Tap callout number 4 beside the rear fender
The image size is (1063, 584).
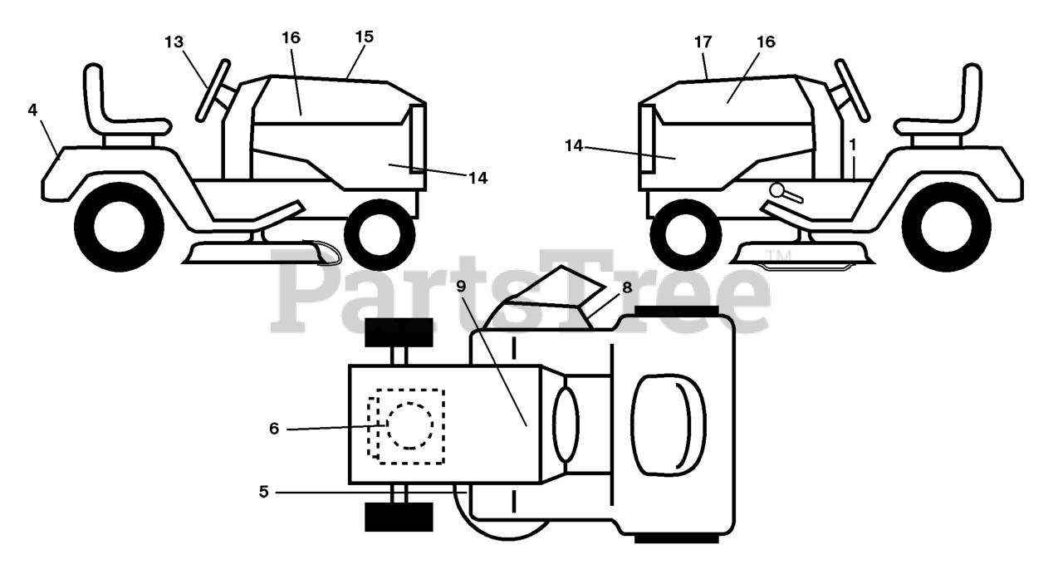[x=32, y=110]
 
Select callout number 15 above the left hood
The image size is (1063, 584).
[x=364, y=37]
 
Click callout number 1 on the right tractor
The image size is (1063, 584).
[x=852, y=144]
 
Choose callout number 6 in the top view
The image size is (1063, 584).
[x=274, y=429]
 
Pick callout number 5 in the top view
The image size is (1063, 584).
[x=264, y=492]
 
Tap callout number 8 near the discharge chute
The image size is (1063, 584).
[x=626, y=288]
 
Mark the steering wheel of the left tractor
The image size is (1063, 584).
[x=213, y=91]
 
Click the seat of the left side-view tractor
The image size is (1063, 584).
[x=120, y=108]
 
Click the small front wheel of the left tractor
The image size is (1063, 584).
[x=379, y=233]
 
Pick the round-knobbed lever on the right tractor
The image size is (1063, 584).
[x=785, y=194]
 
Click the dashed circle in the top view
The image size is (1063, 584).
[x=409, y=425]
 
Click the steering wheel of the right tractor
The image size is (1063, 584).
[x=852, y=91]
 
